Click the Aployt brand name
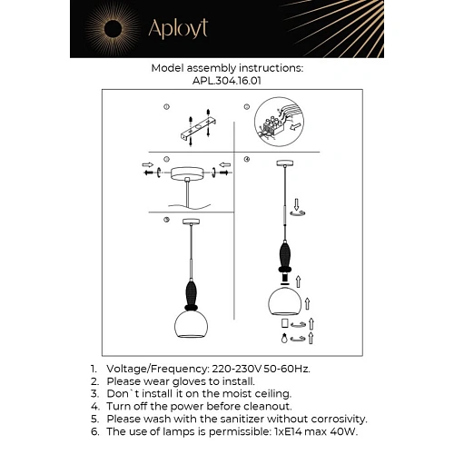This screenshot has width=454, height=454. coord(173,28)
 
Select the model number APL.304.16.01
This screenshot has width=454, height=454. coord(226,80)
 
